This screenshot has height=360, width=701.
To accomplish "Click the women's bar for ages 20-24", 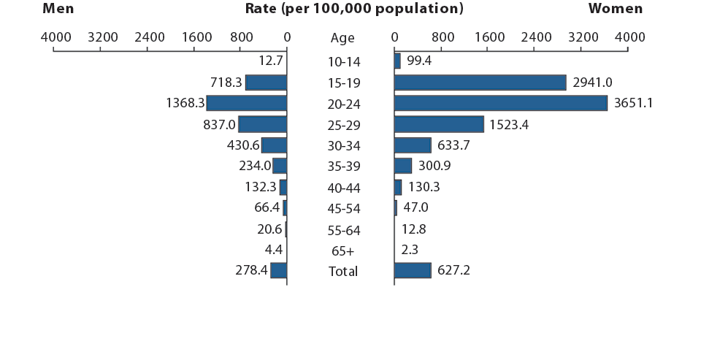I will tap(500, 104).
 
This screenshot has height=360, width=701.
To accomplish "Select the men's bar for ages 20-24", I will tap(247, 104).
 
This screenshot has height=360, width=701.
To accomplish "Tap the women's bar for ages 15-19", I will tap(480, 83).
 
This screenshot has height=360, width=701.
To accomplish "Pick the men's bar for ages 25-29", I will tap(263, 125).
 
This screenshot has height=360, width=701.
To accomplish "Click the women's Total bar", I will tap(413, 271).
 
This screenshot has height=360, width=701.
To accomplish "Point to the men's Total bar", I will tap(278, 271).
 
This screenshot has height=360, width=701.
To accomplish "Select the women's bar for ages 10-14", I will tap(397, 61).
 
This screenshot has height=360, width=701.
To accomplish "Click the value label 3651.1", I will tap(633, 104).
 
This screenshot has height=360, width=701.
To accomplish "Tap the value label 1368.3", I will tap(185, 104).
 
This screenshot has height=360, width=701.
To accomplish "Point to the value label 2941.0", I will tap(592, 83).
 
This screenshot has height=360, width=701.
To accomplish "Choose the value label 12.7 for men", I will tap(270, 61).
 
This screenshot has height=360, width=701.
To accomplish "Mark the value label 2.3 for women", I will tap(410, 250).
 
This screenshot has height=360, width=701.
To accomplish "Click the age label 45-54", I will tap(342, 209).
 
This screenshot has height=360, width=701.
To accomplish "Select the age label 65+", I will tap(342, 251).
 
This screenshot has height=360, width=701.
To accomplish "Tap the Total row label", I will tap(342, 272).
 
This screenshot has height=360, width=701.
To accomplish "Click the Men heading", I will tap(58, 9).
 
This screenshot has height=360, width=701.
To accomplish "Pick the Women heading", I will tap(615, 9).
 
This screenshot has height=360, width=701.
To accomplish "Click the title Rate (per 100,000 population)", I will tap(354, 9).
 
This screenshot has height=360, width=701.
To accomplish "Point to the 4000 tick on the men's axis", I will tap(55, 37).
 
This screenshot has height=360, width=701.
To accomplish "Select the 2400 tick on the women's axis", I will tap(536, 37).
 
